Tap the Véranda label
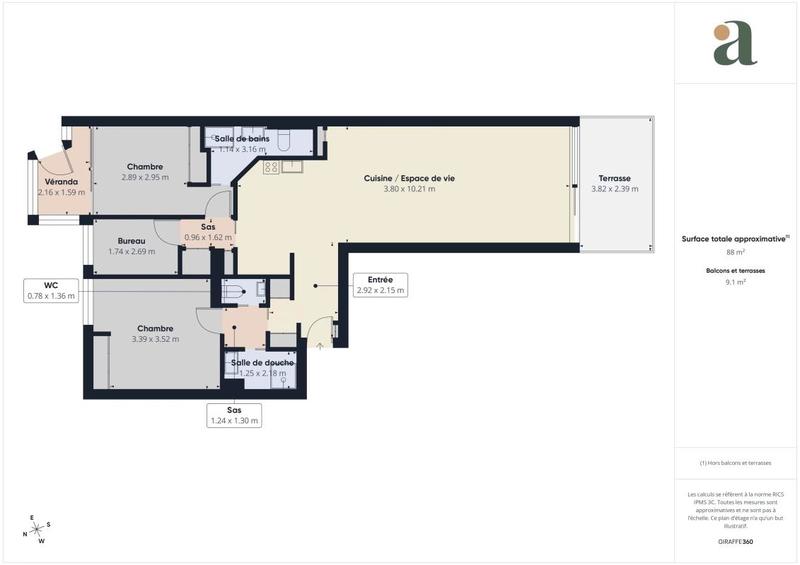[x=61, y=181]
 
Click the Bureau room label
[x=131, y=241]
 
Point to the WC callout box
[x=51, y=290]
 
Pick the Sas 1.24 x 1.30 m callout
[x=234, y=415]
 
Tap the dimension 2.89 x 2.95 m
[x=145, y=177]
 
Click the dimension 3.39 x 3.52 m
[x=155, y=339]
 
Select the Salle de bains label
[x=241, y=138]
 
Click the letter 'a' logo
[x=735, y=44]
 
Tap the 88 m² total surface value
[x=735, y=252]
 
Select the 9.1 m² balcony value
[x=735, y=282]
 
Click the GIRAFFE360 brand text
[x=735, y=541]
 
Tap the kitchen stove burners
[x=271, y=167]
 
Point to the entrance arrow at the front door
[x=320, y=345]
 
